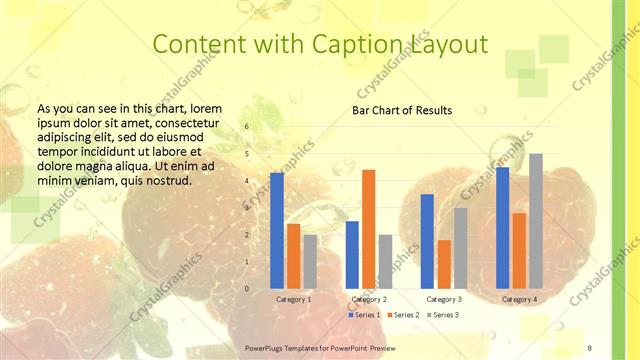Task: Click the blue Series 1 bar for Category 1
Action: pyautogui.click(x=277, y=230)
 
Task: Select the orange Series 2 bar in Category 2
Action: pyautogui.click(x=368, y=229)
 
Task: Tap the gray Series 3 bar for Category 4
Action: pyautogui.click(x=536, y=221)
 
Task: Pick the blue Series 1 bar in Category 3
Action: pyautogui.click(x=427, y=241)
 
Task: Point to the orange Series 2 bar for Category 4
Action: pyautogui.click(x=519, y=250)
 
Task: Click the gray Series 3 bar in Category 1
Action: pyautogui.click(x=310, y=261)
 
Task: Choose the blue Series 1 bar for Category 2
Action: pyautogui.click(x=352, y=254)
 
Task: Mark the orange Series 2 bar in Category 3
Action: pyautogui.click(x=444, y=264)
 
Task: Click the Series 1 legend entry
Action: pyautogui.click(x=365, y=315)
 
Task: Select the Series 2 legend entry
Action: pyautogui.click(x=405, y=315)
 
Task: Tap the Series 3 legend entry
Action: pyautogui.click(x=445, y=315)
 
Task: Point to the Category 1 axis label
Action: pyautogui.click(x=293, y=299)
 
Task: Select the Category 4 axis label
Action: pyautogui.click(x=519, y=299)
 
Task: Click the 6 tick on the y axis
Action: pyautogui.click(x=247, y=127)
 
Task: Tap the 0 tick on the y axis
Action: pyautogui.click(x=247, y=289)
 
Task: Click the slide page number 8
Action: pyautogui.click(x=590, y=347)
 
